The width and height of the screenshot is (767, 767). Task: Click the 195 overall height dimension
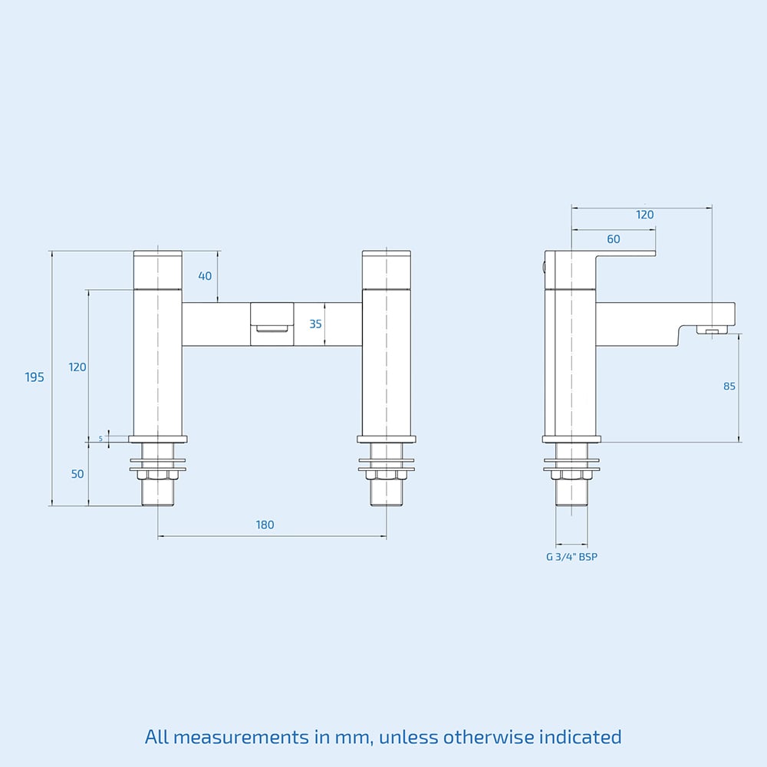(x=35, y=377)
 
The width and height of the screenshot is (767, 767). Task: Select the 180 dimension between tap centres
(x=265, y=525)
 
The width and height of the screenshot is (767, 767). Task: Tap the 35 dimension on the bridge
(x=315, y=324)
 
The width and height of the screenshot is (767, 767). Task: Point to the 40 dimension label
(x=205, y=276)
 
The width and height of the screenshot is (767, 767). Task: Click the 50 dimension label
(x=77, y=474)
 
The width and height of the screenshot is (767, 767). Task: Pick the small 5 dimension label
(x=100, y=438)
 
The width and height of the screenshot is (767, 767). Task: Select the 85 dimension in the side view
(x=729, y=387)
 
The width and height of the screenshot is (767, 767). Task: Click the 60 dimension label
(x=614, y=239)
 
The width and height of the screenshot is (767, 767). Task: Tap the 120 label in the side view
(x=645, y=215)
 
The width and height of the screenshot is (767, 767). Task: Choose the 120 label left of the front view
(x=77, y=367)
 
